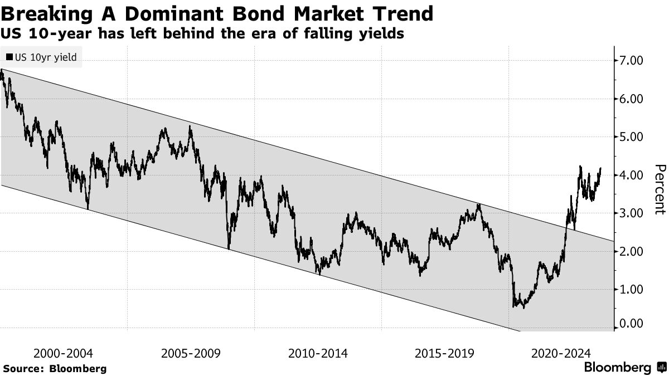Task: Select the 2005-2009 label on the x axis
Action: [191, 353]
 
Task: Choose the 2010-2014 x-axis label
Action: [318, 353]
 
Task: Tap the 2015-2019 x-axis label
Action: [445, 353]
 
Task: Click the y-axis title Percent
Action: [660, 189]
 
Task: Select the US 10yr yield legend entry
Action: [42, 56]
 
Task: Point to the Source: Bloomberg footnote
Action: [55, 368]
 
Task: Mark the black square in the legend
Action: [9, 56]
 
